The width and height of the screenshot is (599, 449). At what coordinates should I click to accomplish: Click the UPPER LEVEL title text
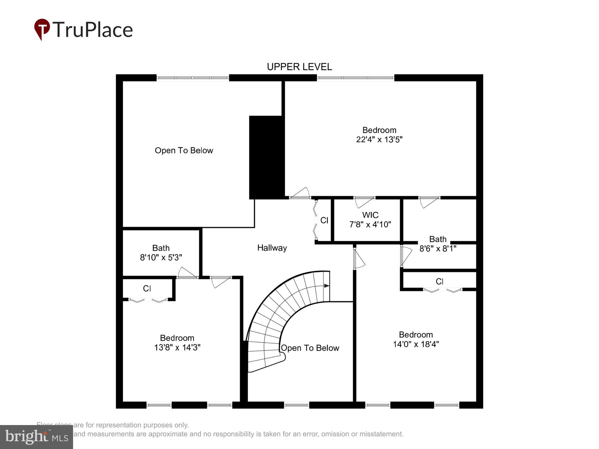pyautogui.click(x=299, y=67)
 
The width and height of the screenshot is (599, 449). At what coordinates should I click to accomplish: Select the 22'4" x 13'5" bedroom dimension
pyautogui.click(x=379, y=139)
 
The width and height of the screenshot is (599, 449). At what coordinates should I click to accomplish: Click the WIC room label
pyautogui.click(x=370, y=215)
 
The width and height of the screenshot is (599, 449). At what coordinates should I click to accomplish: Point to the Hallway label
pyautogui.click(x=272, y=248)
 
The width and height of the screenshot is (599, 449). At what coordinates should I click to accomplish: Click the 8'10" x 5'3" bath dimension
pyautogui.click(x=161, y=257)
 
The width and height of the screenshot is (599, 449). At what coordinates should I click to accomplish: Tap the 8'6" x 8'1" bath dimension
pyautogui.click(x=438, y=249)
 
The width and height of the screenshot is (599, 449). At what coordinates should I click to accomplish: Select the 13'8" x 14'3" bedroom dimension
pyautogui.click(x=177, y=348)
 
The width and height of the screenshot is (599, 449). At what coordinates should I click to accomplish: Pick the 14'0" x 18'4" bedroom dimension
pyautogui.click(x=416, y=344)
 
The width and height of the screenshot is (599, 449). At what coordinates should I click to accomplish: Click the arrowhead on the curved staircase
pyautogui.click(x=327, y=286)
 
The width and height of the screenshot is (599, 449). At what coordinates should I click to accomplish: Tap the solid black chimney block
pyautogui.click(x=266, y=157)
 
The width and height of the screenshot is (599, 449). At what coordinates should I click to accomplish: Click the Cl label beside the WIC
pyautogui.click(x=324, y=220)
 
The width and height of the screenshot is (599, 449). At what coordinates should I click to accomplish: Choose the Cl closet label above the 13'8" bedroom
pyautogui.click(x=147, y=288)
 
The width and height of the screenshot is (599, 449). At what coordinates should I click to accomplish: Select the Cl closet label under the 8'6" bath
pyautogui.click(x=439, y=281)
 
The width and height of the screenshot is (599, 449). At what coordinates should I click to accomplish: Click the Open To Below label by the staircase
pyautogui.click(x=310, y=348)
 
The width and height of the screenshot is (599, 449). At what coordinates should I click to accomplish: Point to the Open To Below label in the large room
pyautogui.click(x=184, y=151)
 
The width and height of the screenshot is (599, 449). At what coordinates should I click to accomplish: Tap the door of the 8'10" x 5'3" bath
pyautogui.click(x=187, y=273)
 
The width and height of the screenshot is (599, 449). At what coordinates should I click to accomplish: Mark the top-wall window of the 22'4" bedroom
pyautogui.click(x=355, y=78)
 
